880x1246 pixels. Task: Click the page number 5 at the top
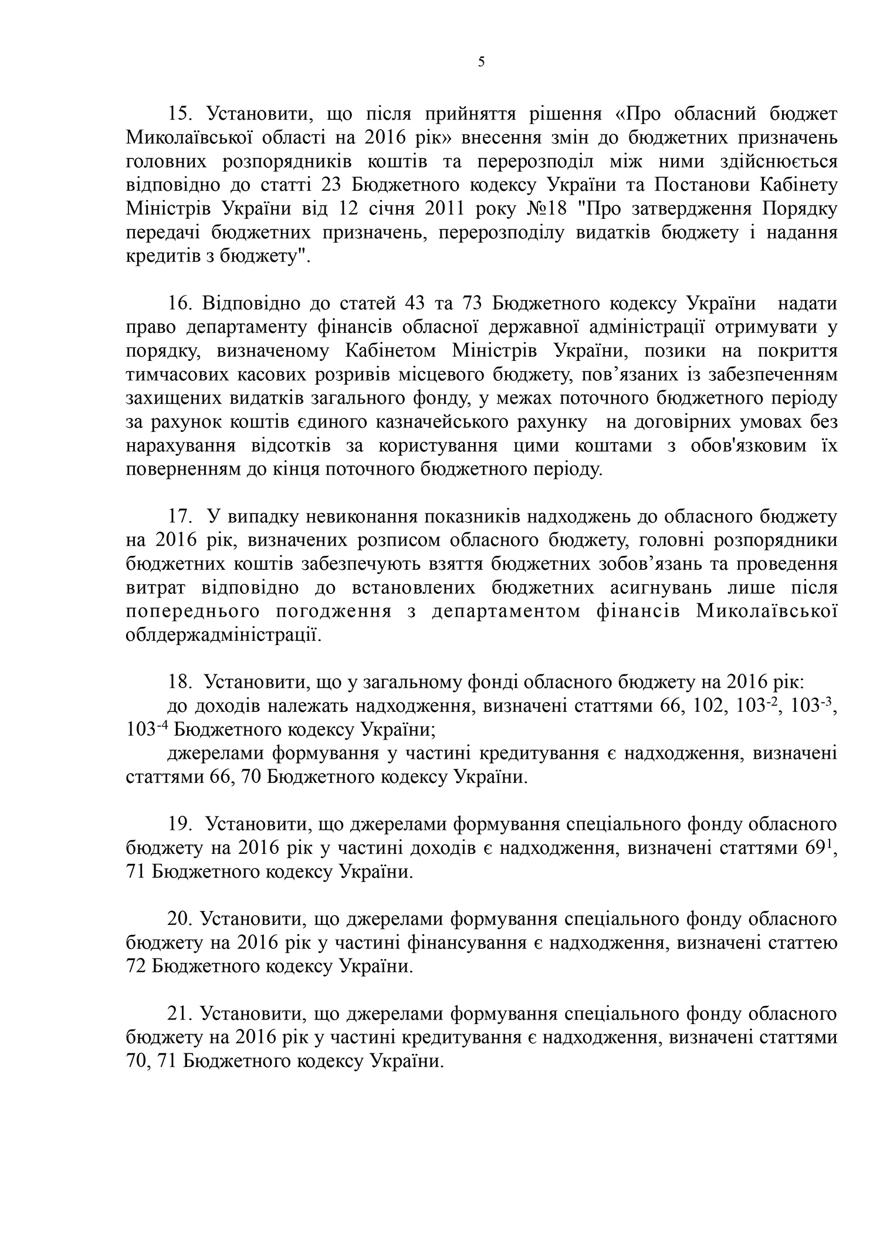(x=481, y=62)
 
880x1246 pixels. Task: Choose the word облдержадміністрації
(x=224, y=635)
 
